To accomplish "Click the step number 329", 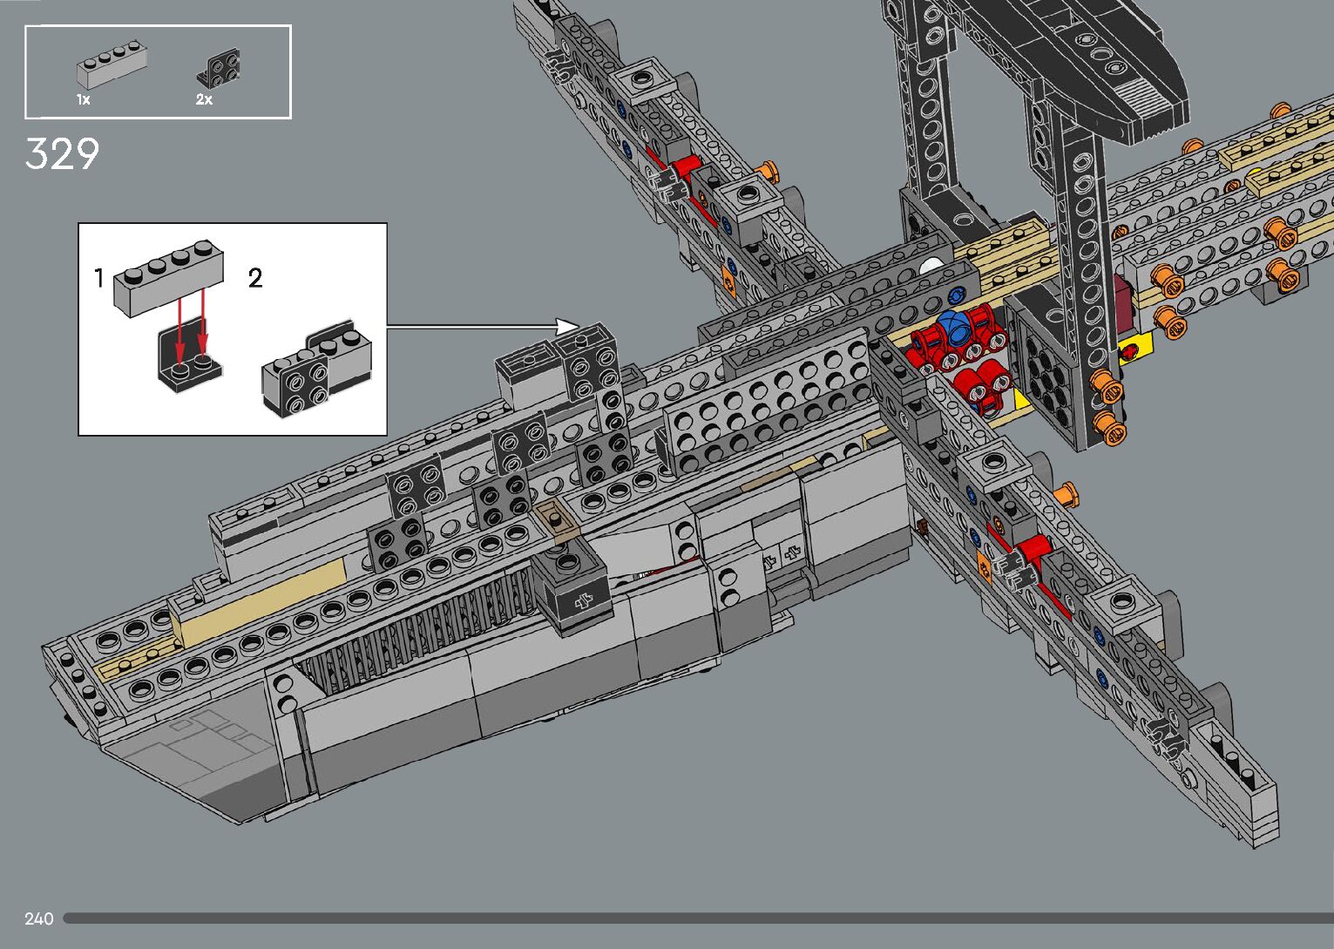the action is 62,153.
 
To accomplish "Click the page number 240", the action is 39,918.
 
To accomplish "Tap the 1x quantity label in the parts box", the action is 84,99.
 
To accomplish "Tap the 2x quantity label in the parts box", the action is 204,99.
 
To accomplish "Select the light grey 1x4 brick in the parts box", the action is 112,64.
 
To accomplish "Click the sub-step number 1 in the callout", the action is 98,278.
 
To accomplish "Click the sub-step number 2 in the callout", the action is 255,278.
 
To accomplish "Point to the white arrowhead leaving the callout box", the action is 567,327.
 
